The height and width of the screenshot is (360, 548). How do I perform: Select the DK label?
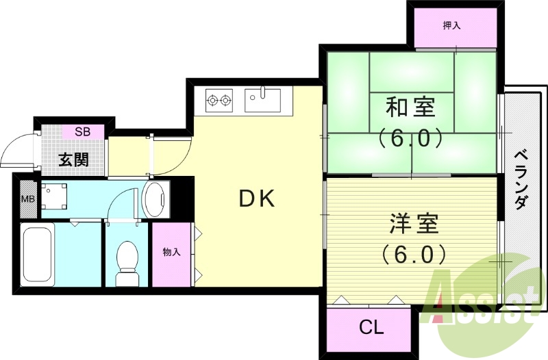pyautogui.click(x=257, y=198)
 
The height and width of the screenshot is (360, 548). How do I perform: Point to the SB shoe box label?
pyautogui.click(x=82, y=131)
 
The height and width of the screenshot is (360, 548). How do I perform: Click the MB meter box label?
pyautogui.click(x=27, y=199)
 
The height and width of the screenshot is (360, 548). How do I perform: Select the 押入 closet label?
pyautogui.click(x=451, y=26)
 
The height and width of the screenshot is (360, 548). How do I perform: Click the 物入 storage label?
pyautogui.click(x=171, y=253)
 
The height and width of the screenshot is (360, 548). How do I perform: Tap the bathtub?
pyautogui.click(x=37, y=256)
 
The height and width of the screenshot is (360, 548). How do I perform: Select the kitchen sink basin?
pyautogui.click(x=262, y=100)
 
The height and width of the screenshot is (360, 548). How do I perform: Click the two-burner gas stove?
pyautogui.click(x=219, y=101)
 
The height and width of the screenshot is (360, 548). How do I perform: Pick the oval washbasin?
pyautogui.click(x=155, y=198)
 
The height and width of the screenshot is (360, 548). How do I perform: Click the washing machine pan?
pyautogui.click(x=54, y=196)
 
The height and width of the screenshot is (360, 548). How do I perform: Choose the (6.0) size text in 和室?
pyautogui.click(x=410, y=138)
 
